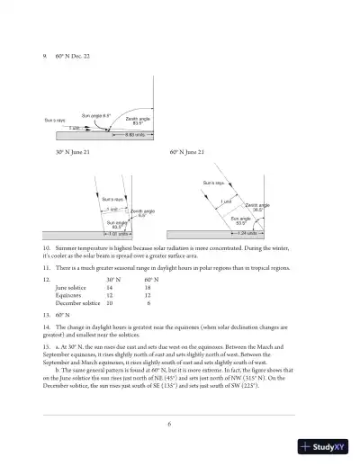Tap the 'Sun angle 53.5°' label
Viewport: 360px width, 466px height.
coord(240,220)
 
